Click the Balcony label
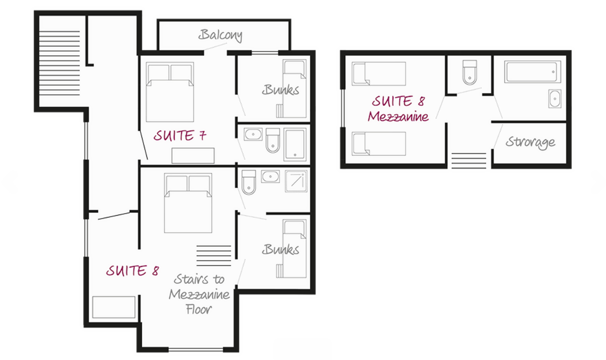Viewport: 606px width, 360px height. pos(220,35)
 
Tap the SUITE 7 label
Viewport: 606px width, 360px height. pos(180,135)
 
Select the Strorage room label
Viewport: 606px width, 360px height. pos(530,142)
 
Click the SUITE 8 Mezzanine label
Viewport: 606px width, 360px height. pos(398,109)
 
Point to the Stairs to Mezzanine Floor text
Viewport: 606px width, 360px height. pos(199,294)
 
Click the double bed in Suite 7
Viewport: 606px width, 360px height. pos(170,92)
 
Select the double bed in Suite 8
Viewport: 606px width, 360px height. pos(188,203)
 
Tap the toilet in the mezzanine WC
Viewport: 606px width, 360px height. pos(469,72)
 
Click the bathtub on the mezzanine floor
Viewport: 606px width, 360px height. pos(532,72)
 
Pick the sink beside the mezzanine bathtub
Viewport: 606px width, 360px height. pos(555,99)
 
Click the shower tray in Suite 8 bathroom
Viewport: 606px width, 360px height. pos(296,181)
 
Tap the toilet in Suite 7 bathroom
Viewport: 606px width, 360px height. pos(273,140)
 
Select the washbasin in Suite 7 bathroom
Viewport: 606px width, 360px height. pos(253,134)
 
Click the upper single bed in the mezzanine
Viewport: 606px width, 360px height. pos(379,74)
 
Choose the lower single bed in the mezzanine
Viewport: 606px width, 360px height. pos(379,143)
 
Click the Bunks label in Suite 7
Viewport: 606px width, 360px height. pos(280,90)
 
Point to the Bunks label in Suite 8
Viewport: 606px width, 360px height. pos(280,249)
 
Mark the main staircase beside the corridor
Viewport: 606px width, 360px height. pos(59,63)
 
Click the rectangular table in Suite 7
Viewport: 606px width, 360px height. pos(193,156)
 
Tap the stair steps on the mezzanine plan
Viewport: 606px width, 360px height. pos(468,161)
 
